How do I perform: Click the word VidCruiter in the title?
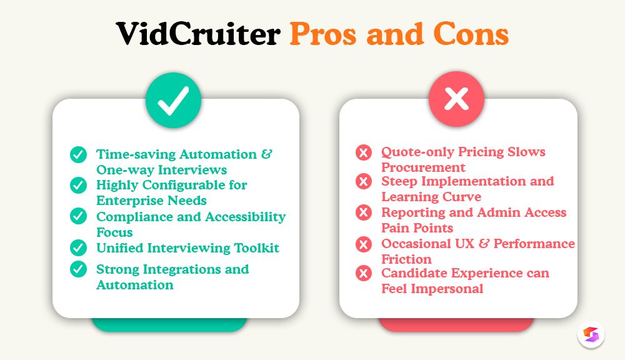coord(197,35)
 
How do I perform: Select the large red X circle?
coord(456,100)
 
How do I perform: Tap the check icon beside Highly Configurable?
coord(78,186)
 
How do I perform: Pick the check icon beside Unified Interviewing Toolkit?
coord(78,247)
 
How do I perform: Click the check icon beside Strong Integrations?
coord(78,269)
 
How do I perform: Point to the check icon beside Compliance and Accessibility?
coord(78,216)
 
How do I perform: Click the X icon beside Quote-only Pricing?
coord(363,152)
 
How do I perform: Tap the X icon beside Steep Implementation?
coord(363,181)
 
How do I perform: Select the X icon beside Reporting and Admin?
coord(363,212)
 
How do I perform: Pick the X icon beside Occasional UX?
coord(363,244)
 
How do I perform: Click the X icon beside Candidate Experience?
coord(363,273)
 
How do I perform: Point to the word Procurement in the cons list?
coord(423,167)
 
